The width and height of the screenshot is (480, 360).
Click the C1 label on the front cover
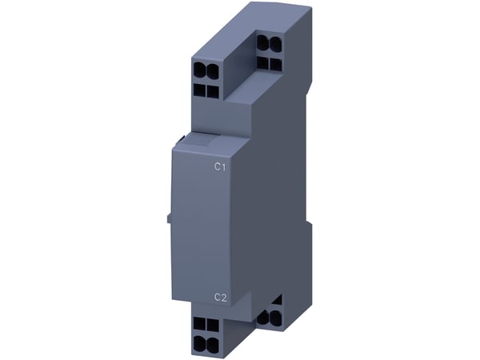click(220, 167)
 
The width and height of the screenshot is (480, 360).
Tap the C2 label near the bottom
click(221, 298)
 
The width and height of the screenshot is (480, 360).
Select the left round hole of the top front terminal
click(199, 71)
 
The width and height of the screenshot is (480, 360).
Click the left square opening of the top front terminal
click(199, 90)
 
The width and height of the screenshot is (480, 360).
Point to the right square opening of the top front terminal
click(213, 91)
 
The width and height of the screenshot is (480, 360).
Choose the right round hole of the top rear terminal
click(275, 44)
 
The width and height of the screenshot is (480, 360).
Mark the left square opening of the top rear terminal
click(263, 62)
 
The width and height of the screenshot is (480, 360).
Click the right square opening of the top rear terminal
click(276, 64)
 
